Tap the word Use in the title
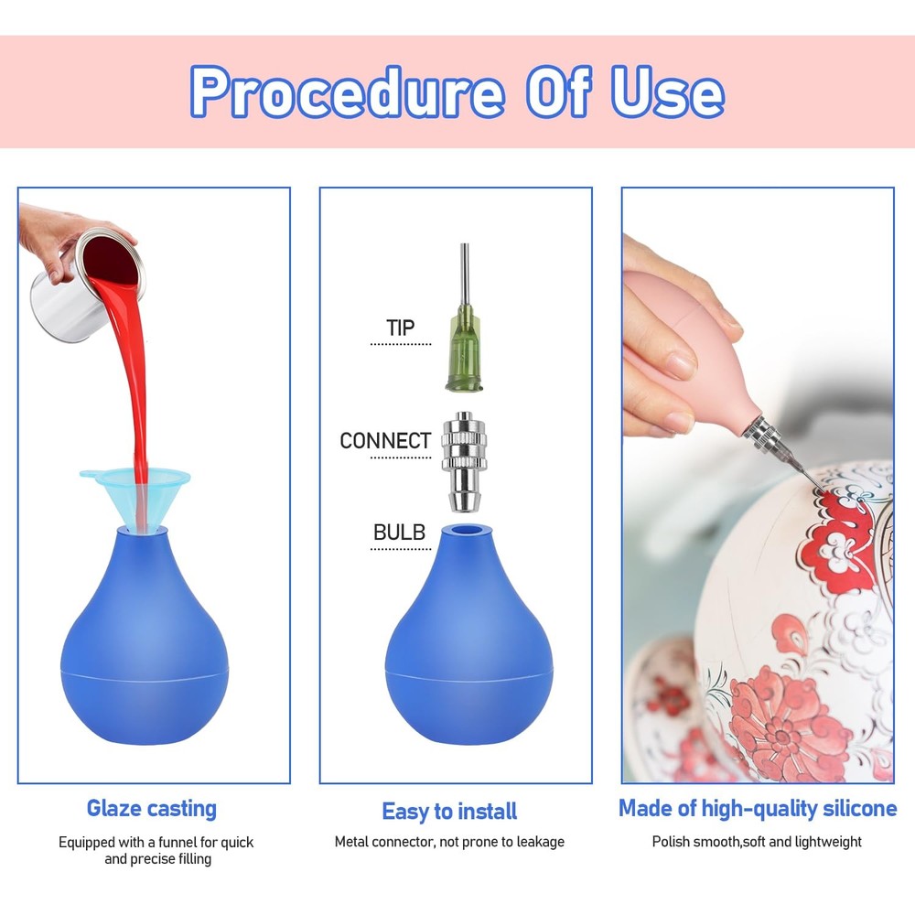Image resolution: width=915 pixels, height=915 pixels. (668, 91)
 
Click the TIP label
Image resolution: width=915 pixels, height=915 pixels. (401, 328)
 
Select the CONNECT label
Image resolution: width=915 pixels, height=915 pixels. (385, 441)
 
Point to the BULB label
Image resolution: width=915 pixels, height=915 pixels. (399, 533)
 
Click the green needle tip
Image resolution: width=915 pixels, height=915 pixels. (465, 318)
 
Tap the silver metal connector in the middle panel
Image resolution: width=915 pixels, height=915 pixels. (464, 461)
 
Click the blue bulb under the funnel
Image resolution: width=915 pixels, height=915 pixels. (145, 637)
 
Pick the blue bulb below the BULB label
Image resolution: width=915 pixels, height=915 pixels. (468, 636)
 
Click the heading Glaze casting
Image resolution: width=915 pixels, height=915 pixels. (152, 809)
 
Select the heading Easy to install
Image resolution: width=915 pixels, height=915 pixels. (449, 811)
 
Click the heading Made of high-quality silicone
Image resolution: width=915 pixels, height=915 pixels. (758, 809)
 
